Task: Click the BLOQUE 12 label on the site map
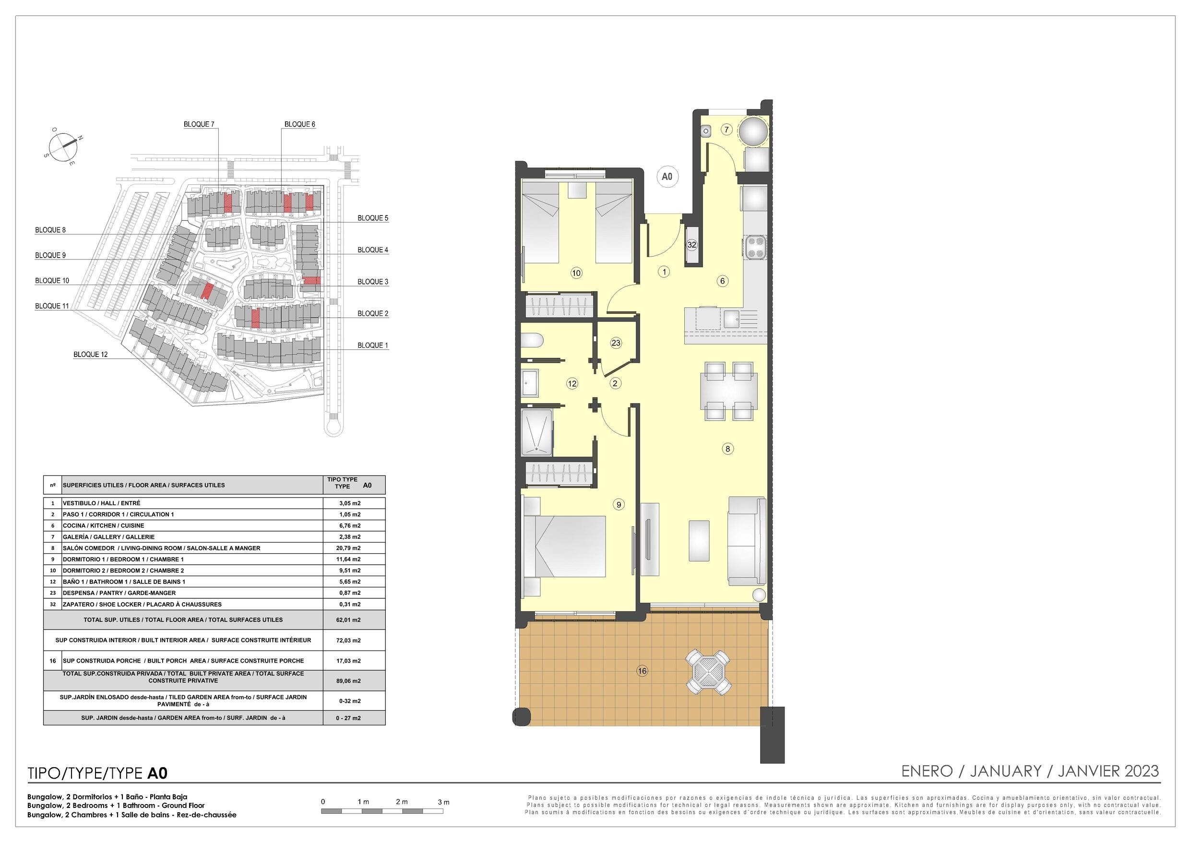pyautogui.click(x=91, y=355)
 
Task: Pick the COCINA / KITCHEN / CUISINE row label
pyautogui.click(x=104, y=525)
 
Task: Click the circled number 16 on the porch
pyautogui.click(x=642, y=671)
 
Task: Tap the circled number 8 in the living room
pyautogui.click(x=728, y=449)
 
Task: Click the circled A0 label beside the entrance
pyautogui.click(x=667, y=177)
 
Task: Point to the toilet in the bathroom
pyautogui.click(x=532, y=340)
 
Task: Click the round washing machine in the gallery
pyautogui.click(x=753, y=132)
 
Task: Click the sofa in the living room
pyautogui.click(x=747, y=541)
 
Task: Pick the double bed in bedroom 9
pyautogui.click(x=564, y=546)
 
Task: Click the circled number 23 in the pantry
pyautogui.click(x=616, y=343)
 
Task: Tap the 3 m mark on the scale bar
pyautogui.click(x=443, y=802)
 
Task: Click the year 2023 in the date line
pyautogui.click(x=1142, y=771)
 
